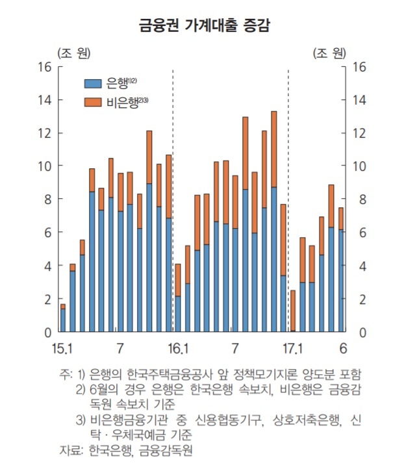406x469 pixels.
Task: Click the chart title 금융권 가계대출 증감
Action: coord(205,25)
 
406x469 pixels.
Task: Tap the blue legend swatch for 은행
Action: coord(93,83)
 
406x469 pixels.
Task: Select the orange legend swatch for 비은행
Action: coord(93,102)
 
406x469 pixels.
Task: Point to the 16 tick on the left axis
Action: coord(45,67)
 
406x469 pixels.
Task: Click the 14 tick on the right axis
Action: coord(359,100)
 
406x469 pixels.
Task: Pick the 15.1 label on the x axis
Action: coord(62,348)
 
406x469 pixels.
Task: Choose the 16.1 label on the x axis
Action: coord(178,348)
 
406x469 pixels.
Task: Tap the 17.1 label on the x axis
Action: coord(292,348)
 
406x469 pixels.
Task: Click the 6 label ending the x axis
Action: coord(343,348)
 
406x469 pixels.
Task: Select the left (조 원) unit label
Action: coord(74,53)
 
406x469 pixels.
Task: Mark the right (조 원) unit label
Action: coord(330,53)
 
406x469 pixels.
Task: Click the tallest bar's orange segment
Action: coord(273,149)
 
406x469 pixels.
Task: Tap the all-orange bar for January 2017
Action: coord(293,311)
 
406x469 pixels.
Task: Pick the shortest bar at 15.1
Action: coord(63,318)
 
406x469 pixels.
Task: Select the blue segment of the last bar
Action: coord(341,281)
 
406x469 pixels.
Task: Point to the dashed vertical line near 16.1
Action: coord(173,199)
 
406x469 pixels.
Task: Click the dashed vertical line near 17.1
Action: coord(288,199)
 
